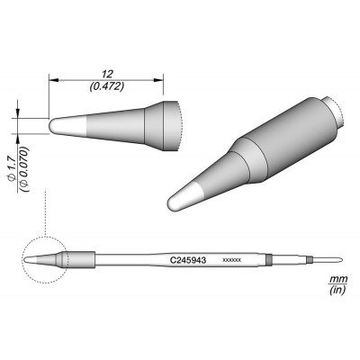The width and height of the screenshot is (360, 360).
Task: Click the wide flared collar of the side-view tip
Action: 168,121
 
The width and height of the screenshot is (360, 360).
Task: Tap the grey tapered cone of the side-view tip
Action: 117,122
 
